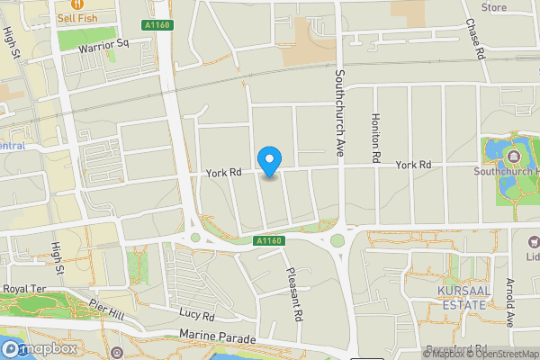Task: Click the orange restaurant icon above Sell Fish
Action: tap(76, 4)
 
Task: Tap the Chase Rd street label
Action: tap(475, 39)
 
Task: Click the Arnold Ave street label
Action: tap(509, 302)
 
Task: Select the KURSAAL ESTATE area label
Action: tap(461, 298)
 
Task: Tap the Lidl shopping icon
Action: tap(532, 241)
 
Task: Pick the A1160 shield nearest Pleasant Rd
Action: tap(269, 240)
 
